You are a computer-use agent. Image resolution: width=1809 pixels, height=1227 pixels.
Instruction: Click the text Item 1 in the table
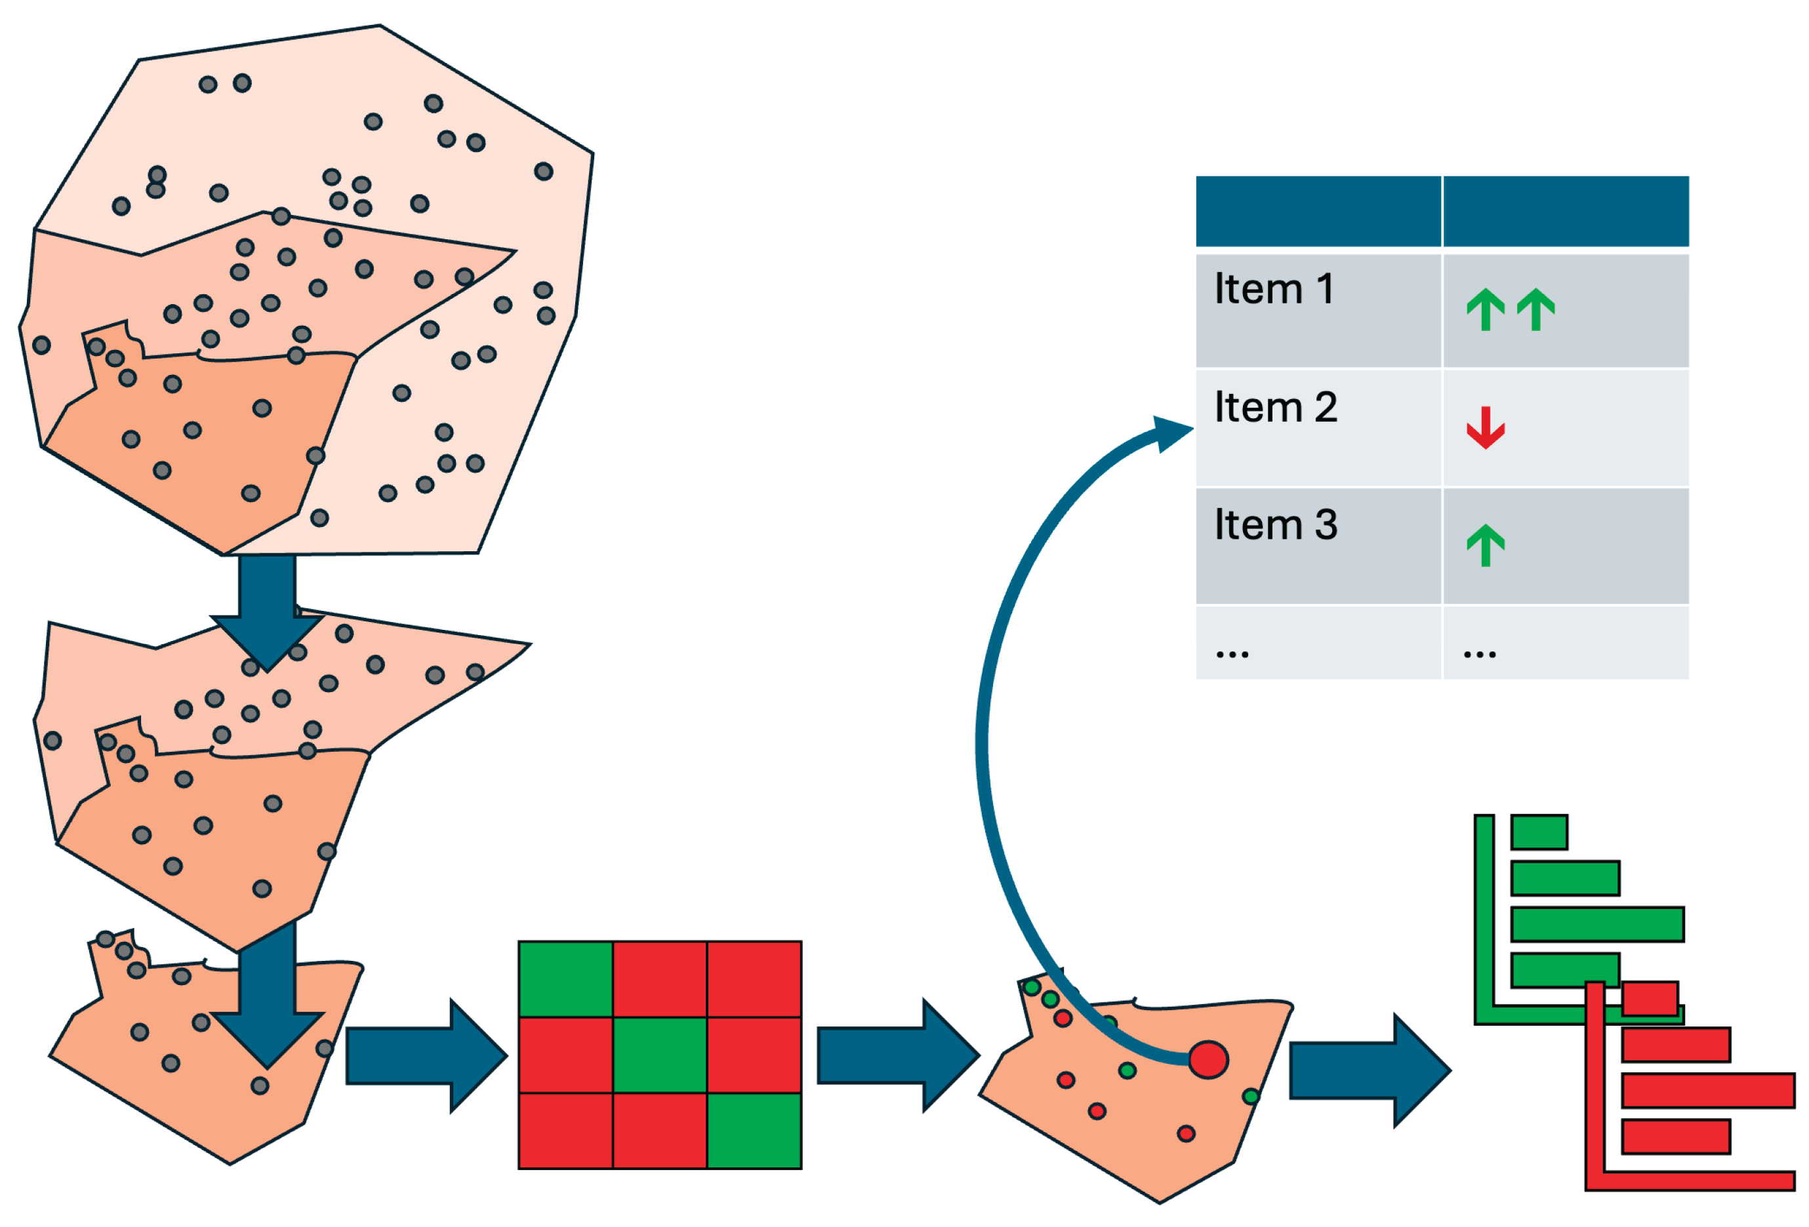(x=1274, y=290)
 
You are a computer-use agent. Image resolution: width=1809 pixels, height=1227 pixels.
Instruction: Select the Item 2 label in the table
(x=1276, y=408)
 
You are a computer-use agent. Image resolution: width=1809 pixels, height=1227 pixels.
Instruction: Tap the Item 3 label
(x=1276, y=525)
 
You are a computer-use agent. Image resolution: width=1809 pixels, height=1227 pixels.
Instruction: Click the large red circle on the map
(x=1208, y=1060)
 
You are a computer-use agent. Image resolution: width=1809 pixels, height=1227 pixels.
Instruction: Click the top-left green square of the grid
(x=566, y=979)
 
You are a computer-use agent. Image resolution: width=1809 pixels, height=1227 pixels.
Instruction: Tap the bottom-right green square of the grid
(x=754, y=1130)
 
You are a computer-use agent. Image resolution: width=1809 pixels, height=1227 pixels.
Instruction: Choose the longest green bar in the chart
(x=1597, y=924)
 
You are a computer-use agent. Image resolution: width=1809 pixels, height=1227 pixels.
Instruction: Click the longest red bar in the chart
(x=1708, y=1090)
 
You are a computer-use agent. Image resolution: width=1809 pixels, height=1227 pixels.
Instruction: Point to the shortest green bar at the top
(x=1539, y=832)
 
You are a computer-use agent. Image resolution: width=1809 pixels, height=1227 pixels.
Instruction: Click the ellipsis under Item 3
(x=1232, y=654)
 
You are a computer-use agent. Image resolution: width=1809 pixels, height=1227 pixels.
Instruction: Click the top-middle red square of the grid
(x=660, y=979)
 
